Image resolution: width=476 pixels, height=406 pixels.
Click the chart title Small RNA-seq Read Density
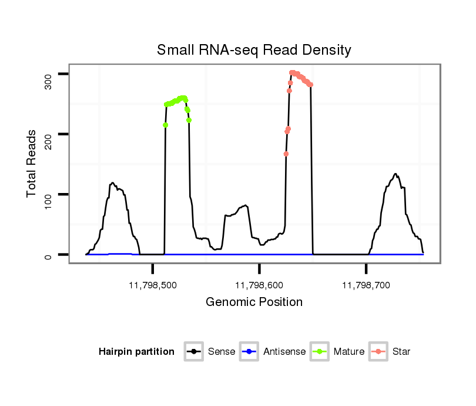click(254, 50)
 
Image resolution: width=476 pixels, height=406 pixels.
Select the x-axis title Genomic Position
click(254, 302)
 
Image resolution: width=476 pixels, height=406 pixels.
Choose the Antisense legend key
click(249, 352)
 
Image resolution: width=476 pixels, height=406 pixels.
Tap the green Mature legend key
click(320, 352)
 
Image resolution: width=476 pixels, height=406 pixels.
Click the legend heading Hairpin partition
click(136, 352)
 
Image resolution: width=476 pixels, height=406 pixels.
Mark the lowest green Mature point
click(166, 125)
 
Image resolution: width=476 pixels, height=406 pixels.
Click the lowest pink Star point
click(286, 154)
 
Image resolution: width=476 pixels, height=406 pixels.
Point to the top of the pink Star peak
click(292, 73)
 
